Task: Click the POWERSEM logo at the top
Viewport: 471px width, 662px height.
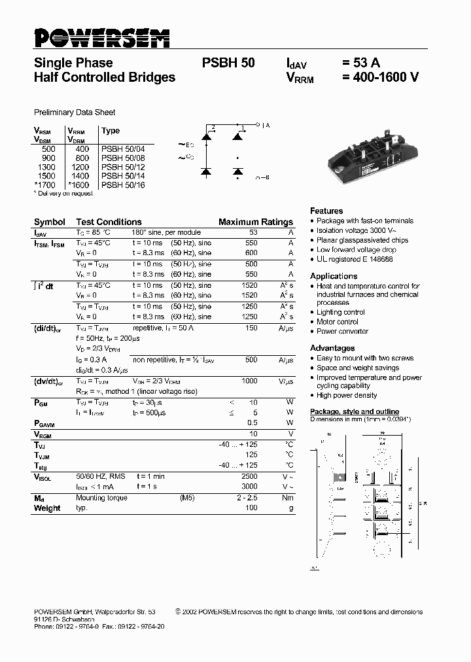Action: pyautogui.click(x=102, y=38)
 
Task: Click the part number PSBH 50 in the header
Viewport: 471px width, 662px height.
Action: pyautogui.click(x=228, y=63)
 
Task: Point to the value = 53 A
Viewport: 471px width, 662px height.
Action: pyautogui.click(x=360, y=63)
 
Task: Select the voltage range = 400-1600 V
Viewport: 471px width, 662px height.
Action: pyautogui.click(x=379, y=77)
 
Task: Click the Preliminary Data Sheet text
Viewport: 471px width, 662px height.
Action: pyautogui.click(x=75, y=113)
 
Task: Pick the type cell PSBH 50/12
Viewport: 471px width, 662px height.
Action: pyautogui.click(x=123, y=167)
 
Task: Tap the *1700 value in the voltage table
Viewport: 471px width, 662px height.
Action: pyautogui.click(x=44, y=185)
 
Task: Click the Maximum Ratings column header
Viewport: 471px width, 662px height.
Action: pyautogui.click(x=255, y=222)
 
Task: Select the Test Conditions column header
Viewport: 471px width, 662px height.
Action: pyautogui.click(x=109, y=222)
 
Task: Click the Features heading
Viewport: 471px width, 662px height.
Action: pyautogui.click(x=326, y=211)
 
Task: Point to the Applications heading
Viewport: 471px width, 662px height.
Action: pyautogui.click(x=334, y=276)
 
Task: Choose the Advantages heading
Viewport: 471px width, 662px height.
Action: pyautogui.click(x=332, y=348)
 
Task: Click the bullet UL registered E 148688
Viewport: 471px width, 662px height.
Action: pyautogui.click(x=355, y=259)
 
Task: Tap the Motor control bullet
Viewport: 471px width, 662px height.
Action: pyautogui.click(x=338, y=322)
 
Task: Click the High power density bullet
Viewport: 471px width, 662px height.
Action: pyautogui.click(x=347, y=396)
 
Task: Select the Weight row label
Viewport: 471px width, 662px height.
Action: pyautogui.click(x=47, y=508)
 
